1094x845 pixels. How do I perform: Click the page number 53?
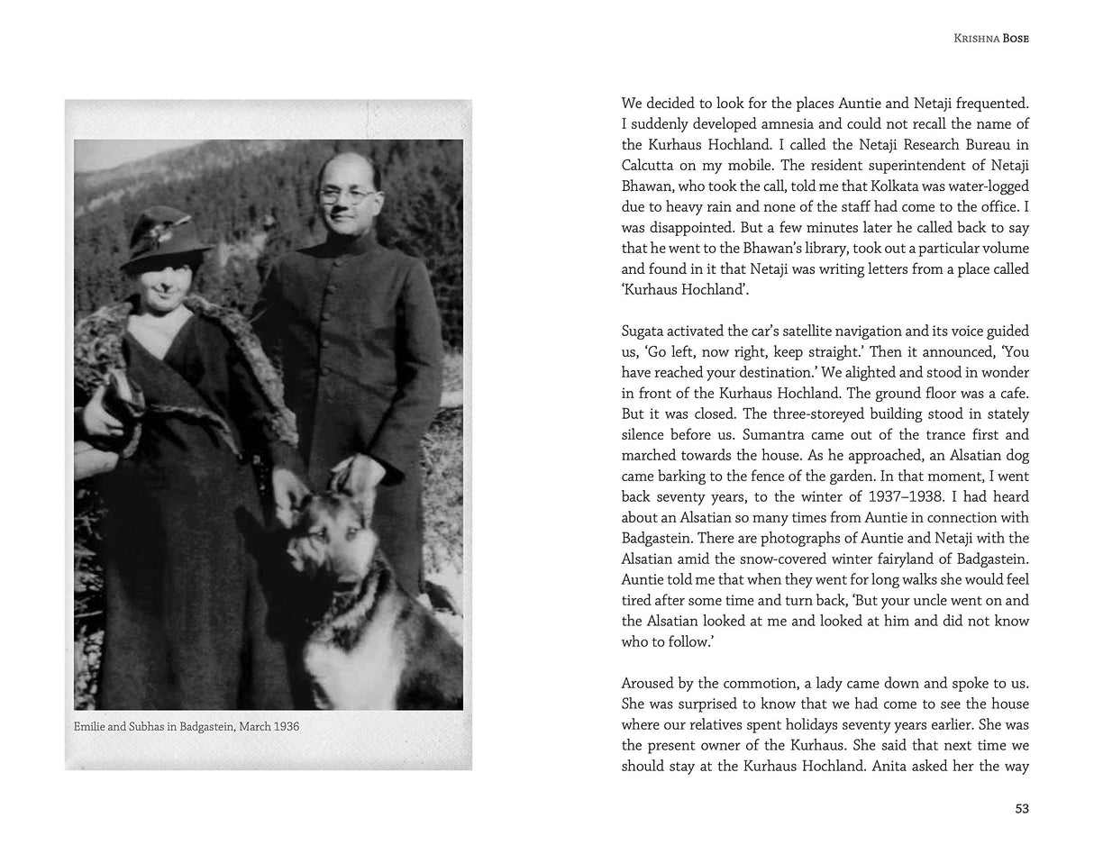1021,809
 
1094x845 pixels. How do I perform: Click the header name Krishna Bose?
990,39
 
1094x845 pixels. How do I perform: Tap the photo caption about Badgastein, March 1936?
187,726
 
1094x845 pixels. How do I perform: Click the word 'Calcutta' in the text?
647,165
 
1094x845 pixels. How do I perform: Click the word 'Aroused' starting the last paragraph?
649,683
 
